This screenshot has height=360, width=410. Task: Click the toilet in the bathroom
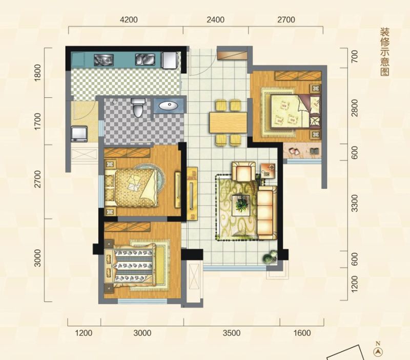[x=137, y=107]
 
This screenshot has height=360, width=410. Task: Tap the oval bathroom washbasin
[x=169, y=105]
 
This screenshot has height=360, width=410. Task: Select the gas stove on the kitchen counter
[x=104, y=60]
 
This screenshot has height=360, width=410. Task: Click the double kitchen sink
[x=145, y=59]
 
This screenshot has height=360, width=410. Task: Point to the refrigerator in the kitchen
[x=170, y=60]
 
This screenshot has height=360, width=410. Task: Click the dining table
[x=228, y=122]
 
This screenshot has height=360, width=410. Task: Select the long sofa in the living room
[x=267, y=213]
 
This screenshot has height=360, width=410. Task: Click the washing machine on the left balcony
[x=79, y=134]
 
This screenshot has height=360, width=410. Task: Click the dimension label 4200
[x=129, y=20]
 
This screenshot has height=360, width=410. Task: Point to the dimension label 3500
[x=232, y=333]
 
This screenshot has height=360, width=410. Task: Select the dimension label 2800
[x=354, y=108]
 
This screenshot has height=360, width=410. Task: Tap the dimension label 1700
[x=38, y=121]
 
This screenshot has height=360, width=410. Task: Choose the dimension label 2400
[x=215, y=20]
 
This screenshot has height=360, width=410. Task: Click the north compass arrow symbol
[x=377, y=352]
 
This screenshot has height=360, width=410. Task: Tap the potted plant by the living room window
[x=270, y=257]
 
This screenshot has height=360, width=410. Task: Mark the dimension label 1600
[x=302, y=333]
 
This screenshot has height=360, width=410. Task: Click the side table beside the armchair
[x=268, y=171]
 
